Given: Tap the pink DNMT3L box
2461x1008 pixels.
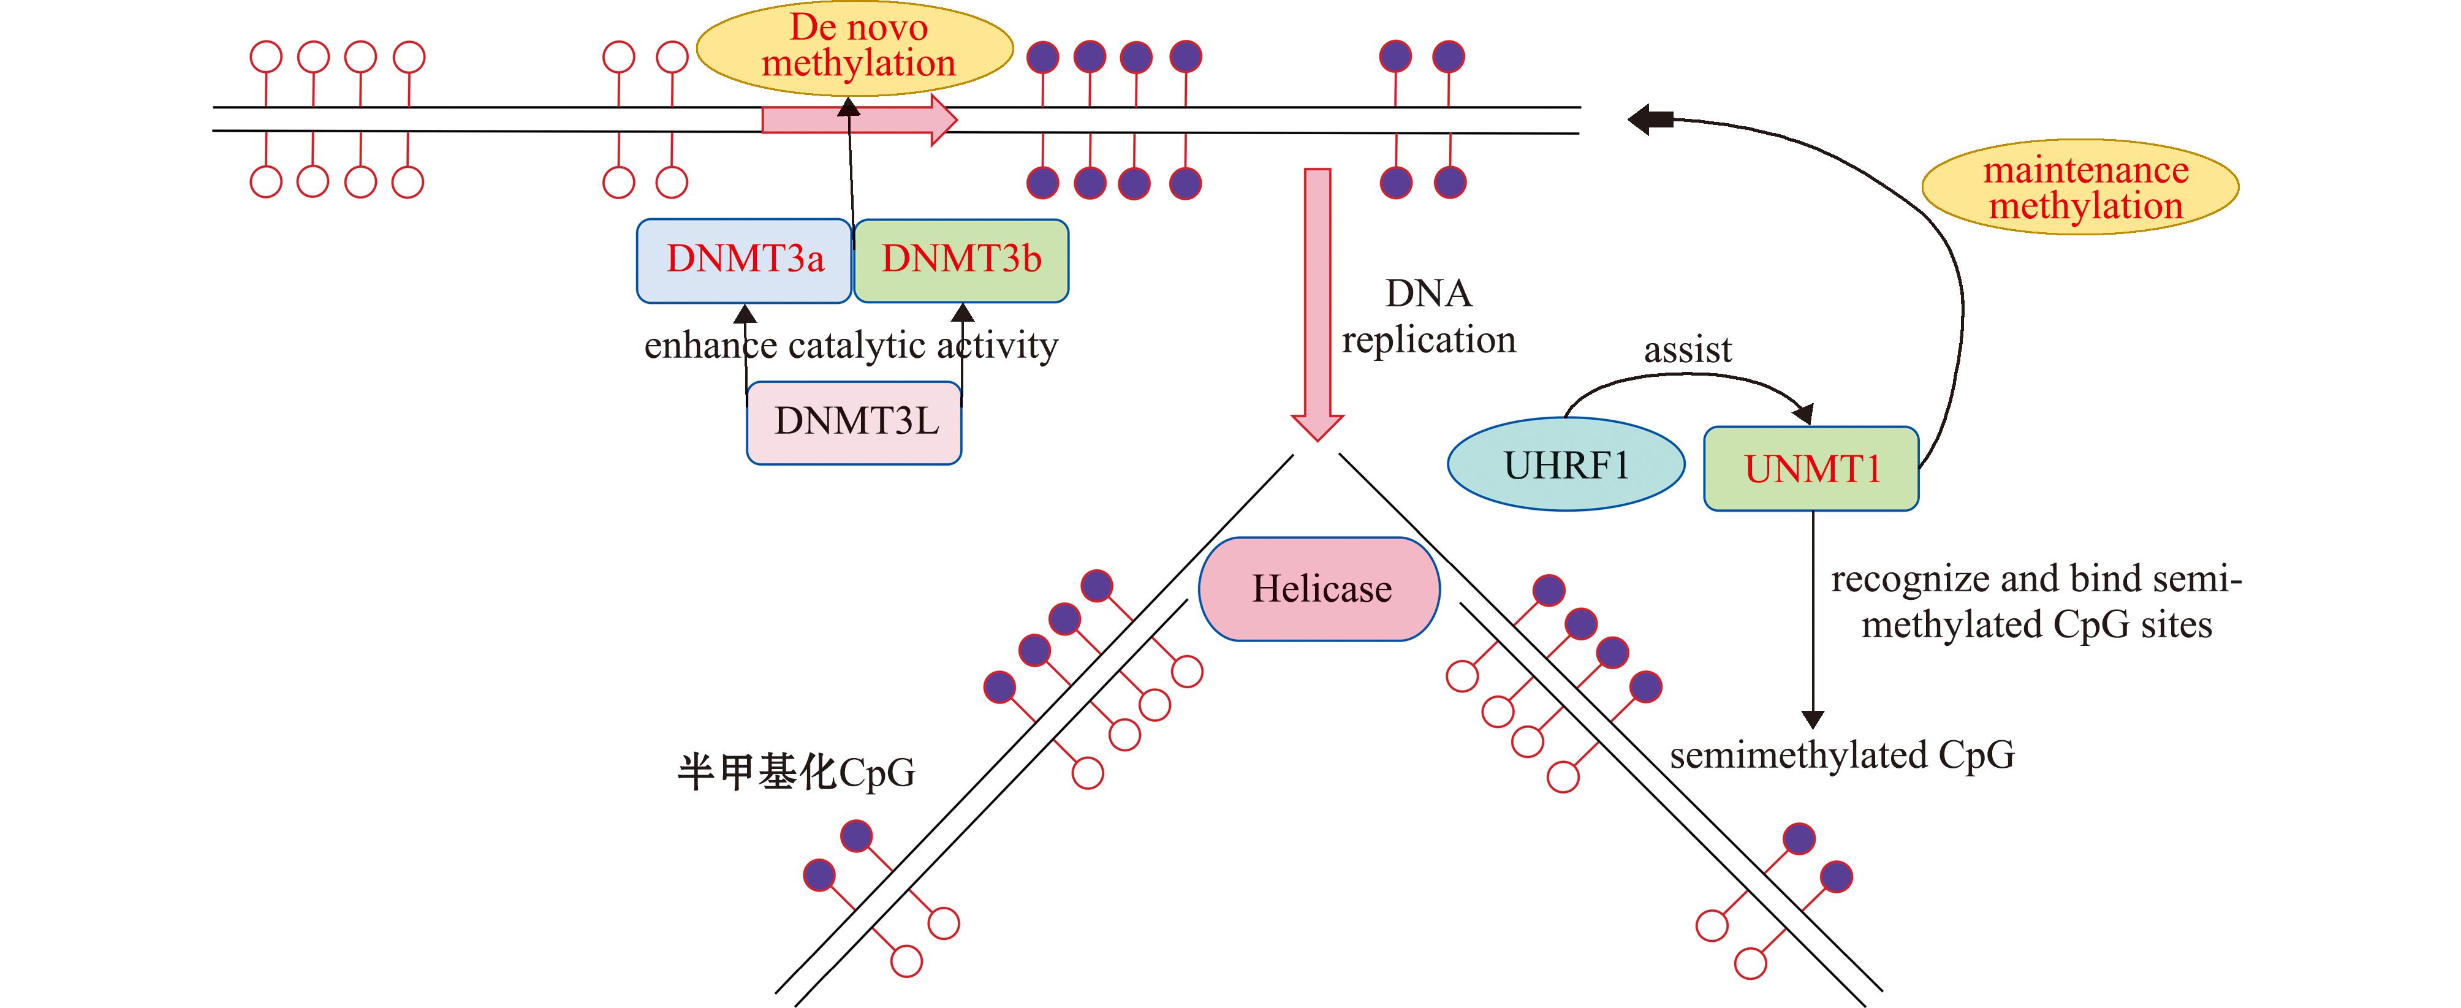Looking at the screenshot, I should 854,422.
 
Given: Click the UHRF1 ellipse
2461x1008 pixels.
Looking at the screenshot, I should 1566,465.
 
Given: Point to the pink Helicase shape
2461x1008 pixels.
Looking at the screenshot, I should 1319,588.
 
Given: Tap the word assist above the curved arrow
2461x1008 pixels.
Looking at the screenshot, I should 1687,351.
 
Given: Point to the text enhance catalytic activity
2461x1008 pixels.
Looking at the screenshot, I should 851,345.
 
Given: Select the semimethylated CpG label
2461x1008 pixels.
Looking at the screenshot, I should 1842,755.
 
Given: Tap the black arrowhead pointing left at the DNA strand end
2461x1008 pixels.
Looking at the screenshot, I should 1645,119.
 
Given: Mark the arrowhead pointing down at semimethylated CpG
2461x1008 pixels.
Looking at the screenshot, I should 1812,719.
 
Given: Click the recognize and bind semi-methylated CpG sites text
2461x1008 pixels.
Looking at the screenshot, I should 2036,602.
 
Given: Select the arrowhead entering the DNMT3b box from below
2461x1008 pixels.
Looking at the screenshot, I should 963,313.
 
